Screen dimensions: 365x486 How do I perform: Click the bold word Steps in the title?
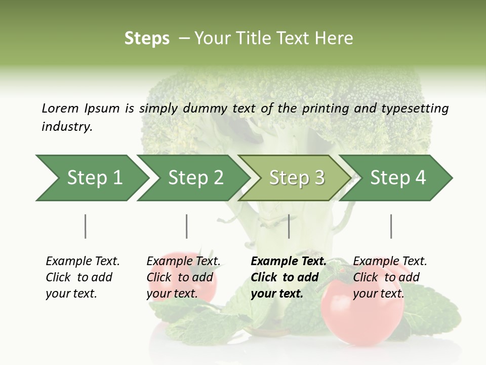point(147,39)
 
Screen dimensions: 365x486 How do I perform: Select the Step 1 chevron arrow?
point(95,177)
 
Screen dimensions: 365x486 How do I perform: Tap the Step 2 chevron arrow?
point(195,177)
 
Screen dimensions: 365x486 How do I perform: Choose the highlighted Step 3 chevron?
point(297,177)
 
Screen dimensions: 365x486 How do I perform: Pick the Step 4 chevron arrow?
point(398,177)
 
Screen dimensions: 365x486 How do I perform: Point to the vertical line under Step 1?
point(86,226)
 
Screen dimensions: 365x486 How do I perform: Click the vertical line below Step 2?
point(187,226)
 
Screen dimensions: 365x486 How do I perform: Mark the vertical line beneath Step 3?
point(289,226)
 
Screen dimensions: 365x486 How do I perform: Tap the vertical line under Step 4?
point(391,226)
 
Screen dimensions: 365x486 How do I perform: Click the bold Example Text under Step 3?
point(289,262)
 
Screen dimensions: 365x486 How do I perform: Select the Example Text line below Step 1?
point(83,262)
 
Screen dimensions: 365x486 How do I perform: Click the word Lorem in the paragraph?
point(60,108)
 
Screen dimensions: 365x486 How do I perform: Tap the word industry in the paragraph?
point(67,127)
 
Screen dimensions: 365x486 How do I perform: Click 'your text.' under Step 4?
point(378,294)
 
